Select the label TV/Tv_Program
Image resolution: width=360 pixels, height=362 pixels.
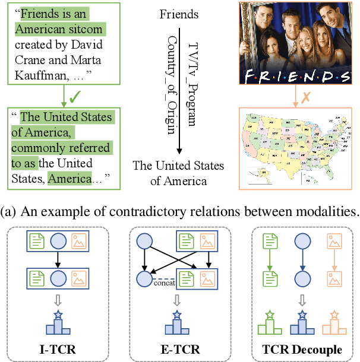192,82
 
